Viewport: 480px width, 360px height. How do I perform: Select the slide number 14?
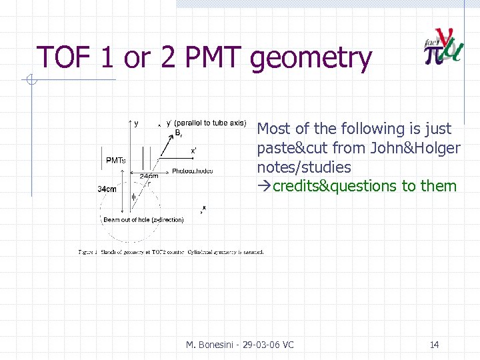[x=434, y=345]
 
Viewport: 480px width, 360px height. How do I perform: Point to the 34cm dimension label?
[x=107, y=189]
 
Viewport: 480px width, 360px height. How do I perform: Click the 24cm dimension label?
[x=148, y=177]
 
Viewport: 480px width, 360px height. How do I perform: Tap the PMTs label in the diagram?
[x=116, y=160]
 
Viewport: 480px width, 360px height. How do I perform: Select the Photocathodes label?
[x=192, y=171]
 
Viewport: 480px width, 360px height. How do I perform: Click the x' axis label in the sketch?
[x=193, y=151]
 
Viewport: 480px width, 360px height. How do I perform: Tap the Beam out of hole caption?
[x=143, y=219]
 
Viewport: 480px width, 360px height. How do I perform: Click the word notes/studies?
[x=303, y=167]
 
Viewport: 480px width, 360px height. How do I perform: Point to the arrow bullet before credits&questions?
[x=264, y=186]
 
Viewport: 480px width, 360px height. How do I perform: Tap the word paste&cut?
[x=289, y=148]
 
